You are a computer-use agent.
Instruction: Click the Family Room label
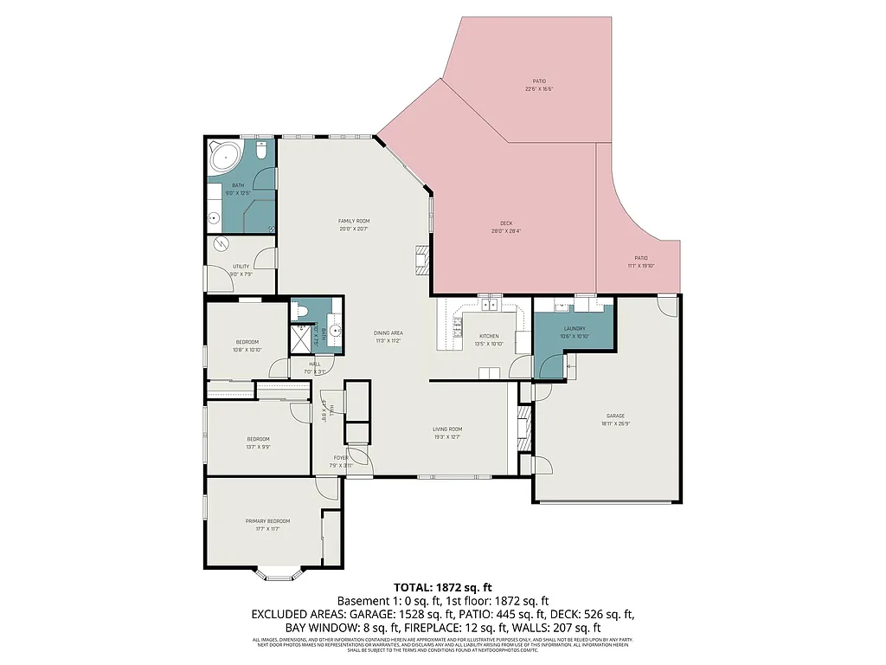[354, 221]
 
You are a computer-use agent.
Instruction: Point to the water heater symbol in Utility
[221, 245]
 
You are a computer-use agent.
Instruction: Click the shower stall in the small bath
[300, 339]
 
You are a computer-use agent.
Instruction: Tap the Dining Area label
[388, 332]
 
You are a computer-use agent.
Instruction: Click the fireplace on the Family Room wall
[421, 260]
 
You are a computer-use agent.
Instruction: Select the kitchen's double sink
[491, 305]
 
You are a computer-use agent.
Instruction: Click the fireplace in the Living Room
[523, 426]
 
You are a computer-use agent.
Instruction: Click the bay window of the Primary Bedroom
[279, 573]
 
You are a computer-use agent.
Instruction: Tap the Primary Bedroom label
[267, 520]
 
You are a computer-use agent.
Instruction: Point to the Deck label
[506, 223]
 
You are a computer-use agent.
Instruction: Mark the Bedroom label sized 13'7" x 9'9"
[258, 439]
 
